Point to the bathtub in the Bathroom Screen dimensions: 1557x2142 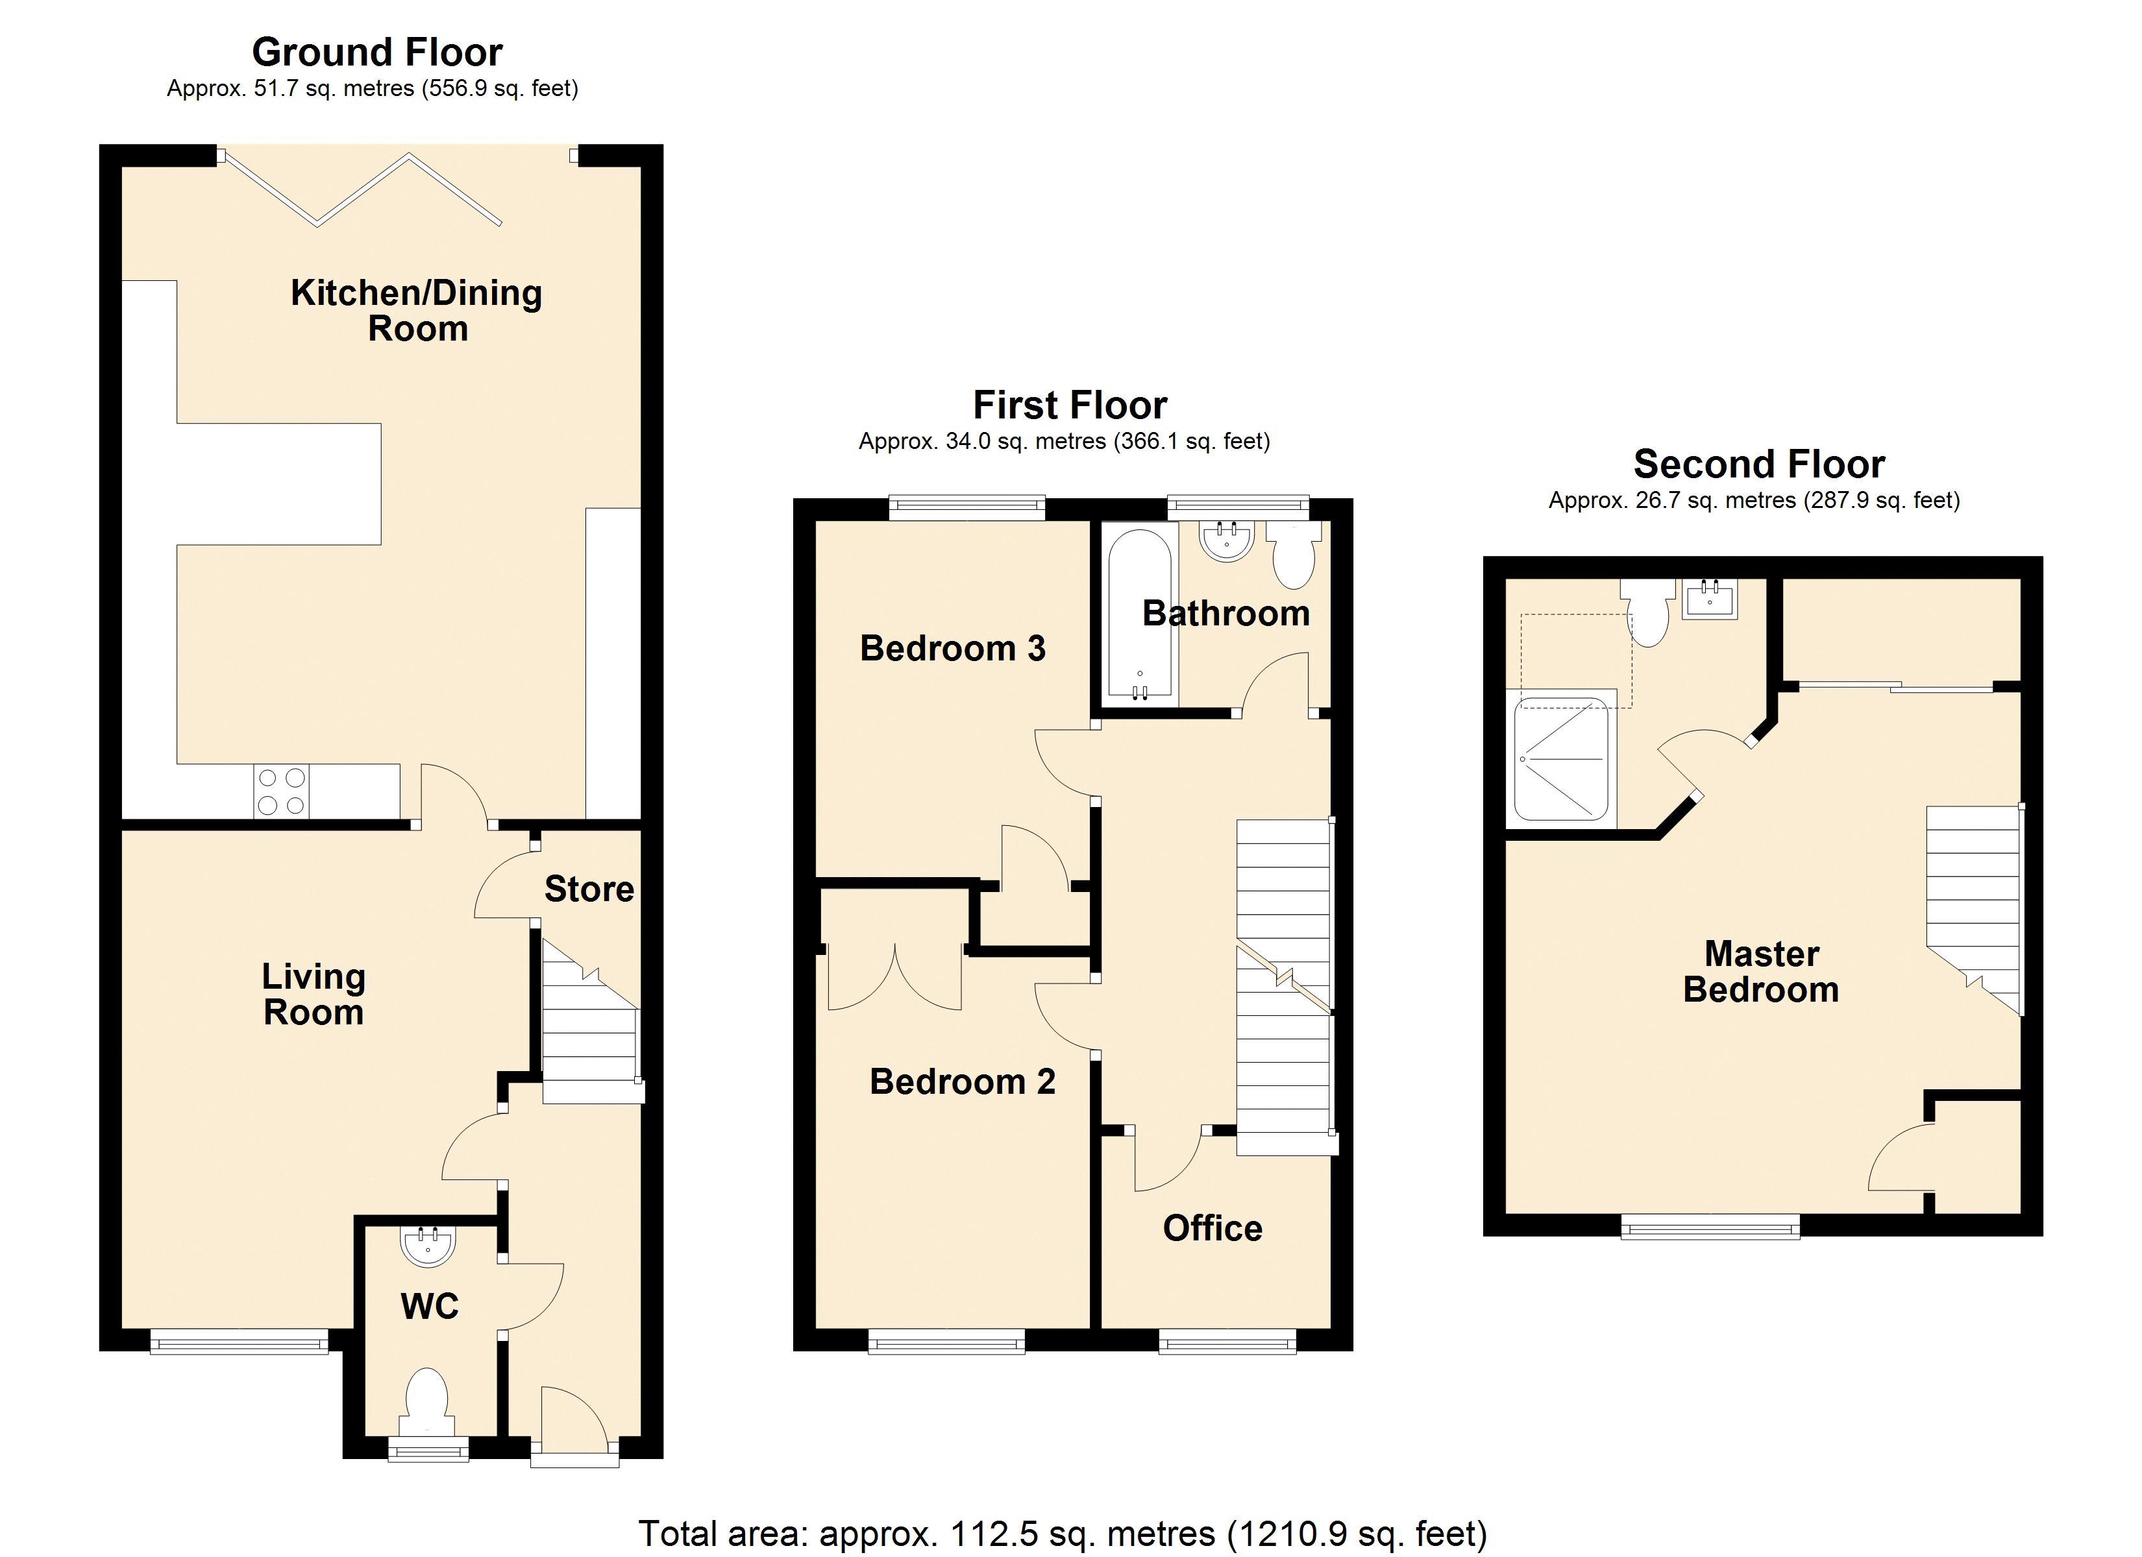coord(1140,616)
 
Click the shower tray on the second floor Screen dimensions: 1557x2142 coord(1560,758)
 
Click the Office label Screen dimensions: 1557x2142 coord(1212,1227)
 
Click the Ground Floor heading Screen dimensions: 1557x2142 coord(377,52)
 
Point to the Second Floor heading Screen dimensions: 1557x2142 coord(1758,464)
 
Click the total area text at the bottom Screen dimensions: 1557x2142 coord(1063,1534)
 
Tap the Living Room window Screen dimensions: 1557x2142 coord(239,1341)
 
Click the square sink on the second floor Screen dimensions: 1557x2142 coord(1710,599)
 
